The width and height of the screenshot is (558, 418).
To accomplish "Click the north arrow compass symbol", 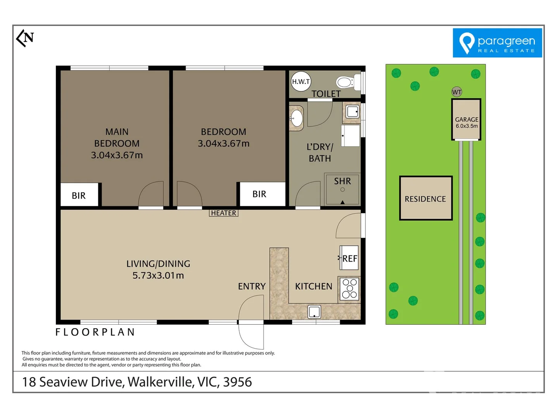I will click(25, 38).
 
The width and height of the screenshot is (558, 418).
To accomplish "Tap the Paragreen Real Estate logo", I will click(497, 43).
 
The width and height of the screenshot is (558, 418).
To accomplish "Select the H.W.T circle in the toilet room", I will click(301, 82).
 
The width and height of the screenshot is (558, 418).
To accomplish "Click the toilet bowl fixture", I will click(345, 82).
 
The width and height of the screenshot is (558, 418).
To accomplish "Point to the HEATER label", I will click(224, 213).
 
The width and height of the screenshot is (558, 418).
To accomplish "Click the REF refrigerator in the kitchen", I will click(349, 258).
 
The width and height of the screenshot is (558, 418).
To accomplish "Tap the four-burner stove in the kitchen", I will click(349, 289).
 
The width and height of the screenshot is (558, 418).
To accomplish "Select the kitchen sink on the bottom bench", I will click(314, 312).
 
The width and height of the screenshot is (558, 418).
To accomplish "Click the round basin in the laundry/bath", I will click(297, 118).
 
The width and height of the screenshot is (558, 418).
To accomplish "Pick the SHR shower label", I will click(343, 181).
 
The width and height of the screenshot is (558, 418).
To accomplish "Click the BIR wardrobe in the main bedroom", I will click(79, 195).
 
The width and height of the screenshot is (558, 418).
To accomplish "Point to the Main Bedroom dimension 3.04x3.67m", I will click(117, 155).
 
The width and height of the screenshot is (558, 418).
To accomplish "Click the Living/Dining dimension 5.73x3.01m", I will click(158, 276).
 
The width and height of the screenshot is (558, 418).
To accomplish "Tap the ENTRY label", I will click(252, 286).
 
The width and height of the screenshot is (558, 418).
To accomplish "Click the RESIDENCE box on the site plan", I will click(425, 199).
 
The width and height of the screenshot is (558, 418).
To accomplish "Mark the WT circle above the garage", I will click(457, 92).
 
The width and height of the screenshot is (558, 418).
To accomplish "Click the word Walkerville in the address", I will click(160, 382).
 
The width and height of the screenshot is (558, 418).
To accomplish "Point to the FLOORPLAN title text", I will click(95, 332).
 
